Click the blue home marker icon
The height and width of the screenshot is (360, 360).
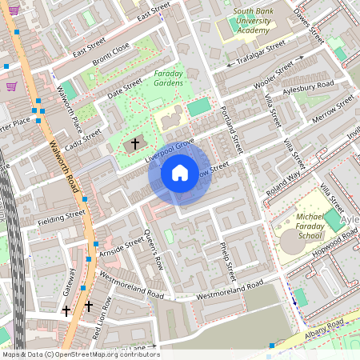click(180, 172)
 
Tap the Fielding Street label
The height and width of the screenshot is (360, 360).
click(64, 214)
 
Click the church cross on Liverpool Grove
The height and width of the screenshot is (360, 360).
click(134, 144)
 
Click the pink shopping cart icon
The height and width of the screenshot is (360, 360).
click(11, 86)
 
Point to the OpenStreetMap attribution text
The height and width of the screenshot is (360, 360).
click(80, 354)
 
